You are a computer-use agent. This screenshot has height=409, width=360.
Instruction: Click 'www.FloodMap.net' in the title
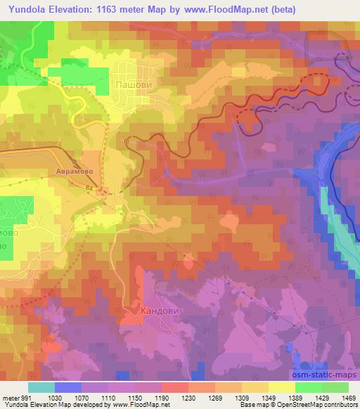pos(220,10)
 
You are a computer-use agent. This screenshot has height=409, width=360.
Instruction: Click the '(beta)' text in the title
pos(279,10)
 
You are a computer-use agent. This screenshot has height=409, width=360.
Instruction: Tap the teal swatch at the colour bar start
pos(41,387)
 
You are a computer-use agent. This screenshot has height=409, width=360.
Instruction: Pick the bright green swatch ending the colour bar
pos(335,387)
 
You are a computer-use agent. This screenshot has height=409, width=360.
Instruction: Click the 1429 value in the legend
pos(316,397)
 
